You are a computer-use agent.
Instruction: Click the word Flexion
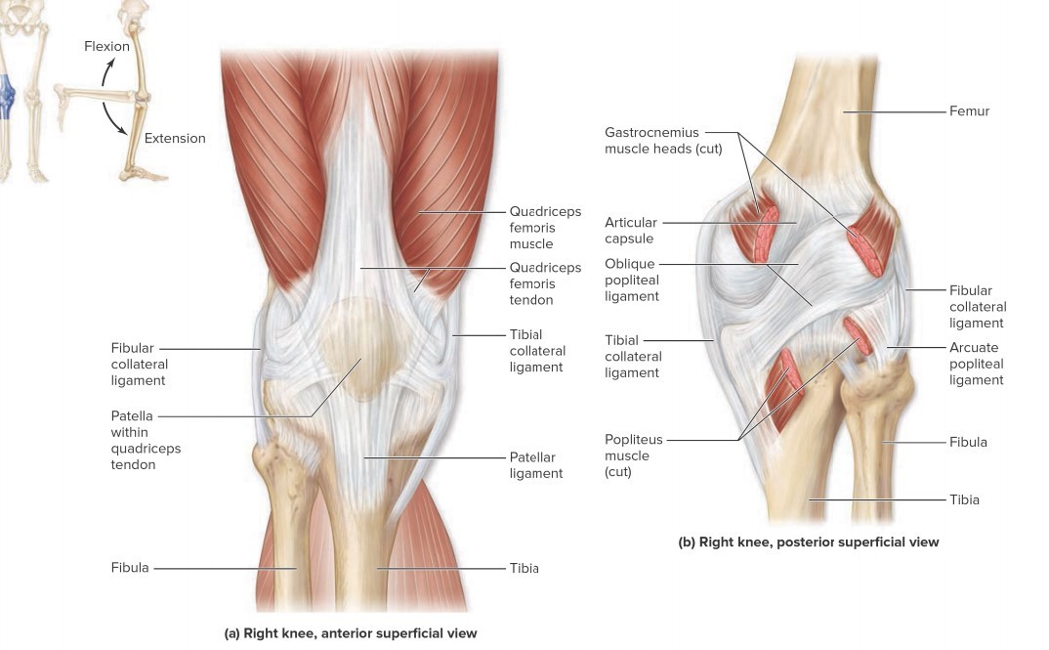106,46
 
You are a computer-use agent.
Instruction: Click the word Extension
175,138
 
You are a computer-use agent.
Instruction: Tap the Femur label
969,111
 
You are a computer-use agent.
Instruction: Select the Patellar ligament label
535,465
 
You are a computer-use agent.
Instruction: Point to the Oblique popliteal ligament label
631,280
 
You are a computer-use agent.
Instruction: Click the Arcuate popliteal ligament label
976,364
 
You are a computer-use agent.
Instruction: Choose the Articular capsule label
630,231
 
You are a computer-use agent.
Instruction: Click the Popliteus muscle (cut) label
626,455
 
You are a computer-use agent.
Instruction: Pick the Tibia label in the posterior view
963,499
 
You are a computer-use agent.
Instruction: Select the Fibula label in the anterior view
130,568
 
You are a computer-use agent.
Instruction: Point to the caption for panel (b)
808,542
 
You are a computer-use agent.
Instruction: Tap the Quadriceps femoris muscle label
544,228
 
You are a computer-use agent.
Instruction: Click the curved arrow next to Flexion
110,74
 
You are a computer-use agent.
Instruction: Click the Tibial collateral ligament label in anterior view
535,351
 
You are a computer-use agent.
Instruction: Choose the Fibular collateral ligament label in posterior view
976,306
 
